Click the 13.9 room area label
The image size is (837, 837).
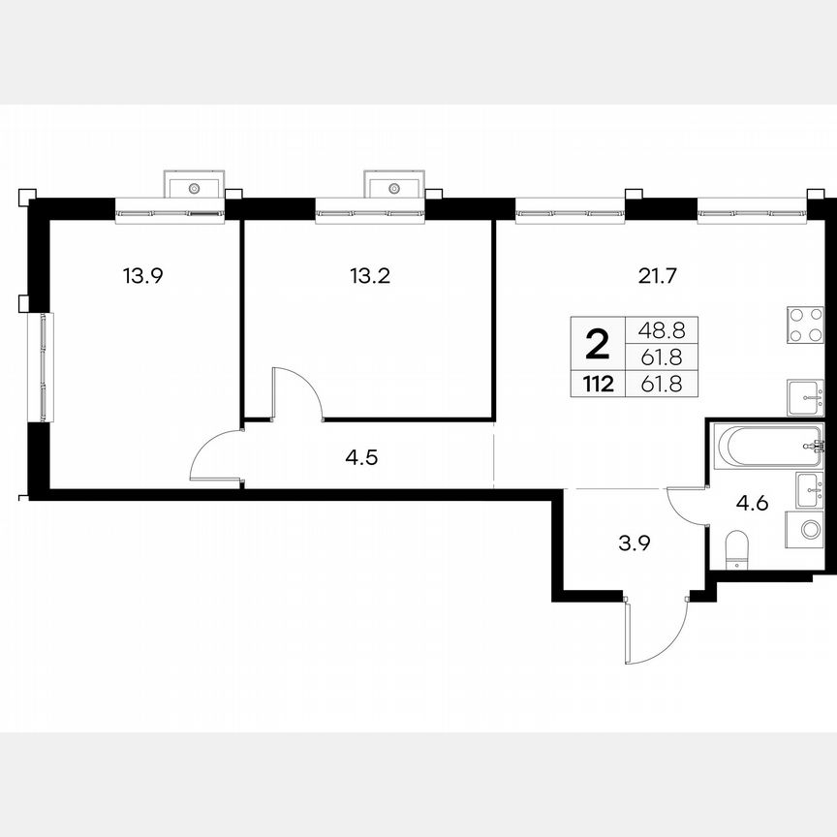pyautogui.click(x=141, y=275)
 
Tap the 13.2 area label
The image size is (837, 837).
pyautogui.click(x=369, y=275)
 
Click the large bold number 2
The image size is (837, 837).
pyautogui.click(x=599, y=342)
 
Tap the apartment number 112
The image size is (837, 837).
pyautogui.click(x=598, y=384)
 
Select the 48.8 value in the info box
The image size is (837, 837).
pyautogui.click(x=660, y=329)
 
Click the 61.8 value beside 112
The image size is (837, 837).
pyautogui.click(x=660, y=384)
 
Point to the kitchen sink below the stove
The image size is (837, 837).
pyautogui.click(x=804, y=395)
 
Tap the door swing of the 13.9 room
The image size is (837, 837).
pyautogui.click(x=215, y=455)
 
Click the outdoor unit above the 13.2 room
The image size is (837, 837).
pyautogui.click(x=393, y=183)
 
